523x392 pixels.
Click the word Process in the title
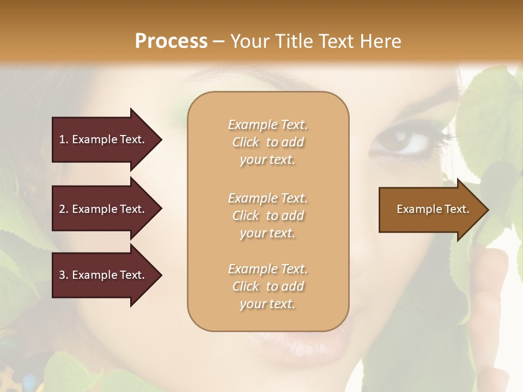click(x=171, y=41)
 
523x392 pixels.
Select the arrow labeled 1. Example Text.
click(x=104, y=139)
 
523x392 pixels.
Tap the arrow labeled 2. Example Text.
click(x=104, y=209)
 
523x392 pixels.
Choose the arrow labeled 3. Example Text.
click(x=104, y=275)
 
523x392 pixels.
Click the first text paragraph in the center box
click(x=267, y=142)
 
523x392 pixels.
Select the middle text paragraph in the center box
click(x=267, y=216)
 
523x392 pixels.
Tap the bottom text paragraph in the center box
click(x=267, y=286)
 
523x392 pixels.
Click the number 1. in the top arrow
click(x=64, y=139)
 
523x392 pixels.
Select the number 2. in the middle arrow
click(x=64, y=209)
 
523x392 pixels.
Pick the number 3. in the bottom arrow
click(x=64, y=275)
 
